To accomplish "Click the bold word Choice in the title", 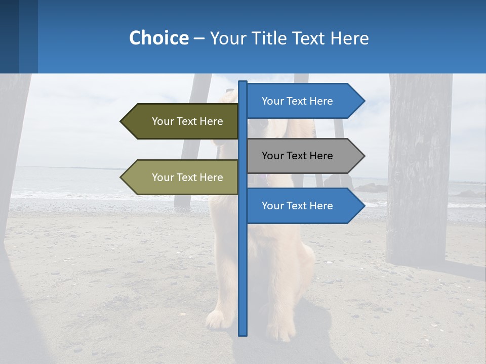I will point(158,38).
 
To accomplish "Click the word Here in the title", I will point(349,38).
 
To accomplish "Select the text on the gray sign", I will point(297,156).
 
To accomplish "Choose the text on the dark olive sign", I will point(187,121).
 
